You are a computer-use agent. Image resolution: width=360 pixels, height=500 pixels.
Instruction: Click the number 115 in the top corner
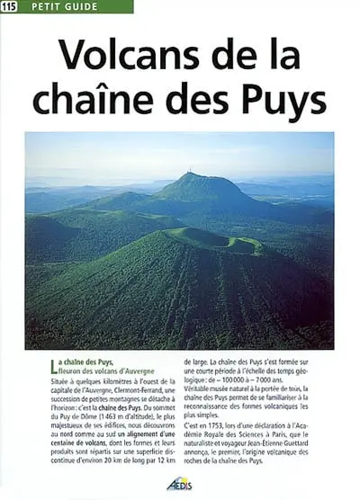coord(10,7)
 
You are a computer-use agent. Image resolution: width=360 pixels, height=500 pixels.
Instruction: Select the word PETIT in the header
coord(44,7)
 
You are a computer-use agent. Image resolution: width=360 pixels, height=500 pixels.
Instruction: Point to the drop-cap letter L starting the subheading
coord(58,364)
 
